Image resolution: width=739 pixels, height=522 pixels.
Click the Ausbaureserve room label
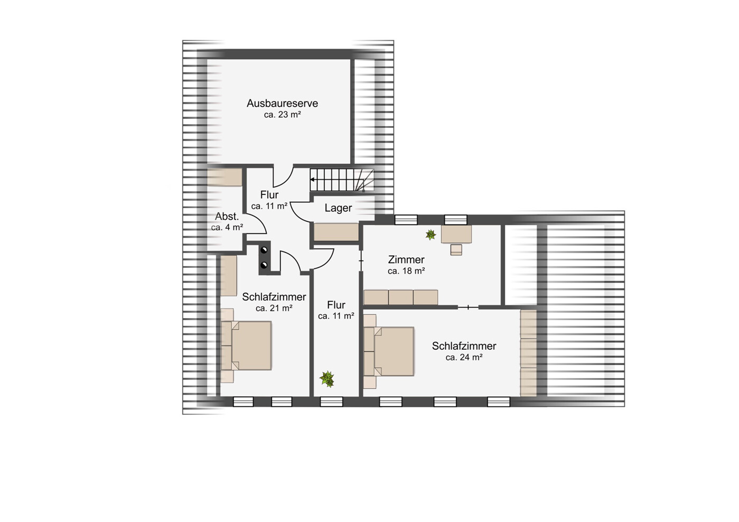[282, 103]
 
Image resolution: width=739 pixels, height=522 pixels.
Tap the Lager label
[338, 208]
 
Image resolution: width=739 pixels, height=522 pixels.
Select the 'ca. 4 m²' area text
[227, 227]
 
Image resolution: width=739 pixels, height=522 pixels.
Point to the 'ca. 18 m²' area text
[406, 271]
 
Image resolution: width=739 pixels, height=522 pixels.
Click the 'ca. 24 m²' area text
[464, 357]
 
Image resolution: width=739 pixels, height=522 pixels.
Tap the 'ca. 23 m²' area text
[283, 115]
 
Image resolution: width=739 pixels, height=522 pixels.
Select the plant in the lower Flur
[327, 379]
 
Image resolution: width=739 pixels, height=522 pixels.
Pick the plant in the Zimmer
[431, 235]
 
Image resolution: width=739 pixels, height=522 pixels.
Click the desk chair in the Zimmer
[456, 250]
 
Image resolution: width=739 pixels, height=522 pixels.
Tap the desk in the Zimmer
[456, 234]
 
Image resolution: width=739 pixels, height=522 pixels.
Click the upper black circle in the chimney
[264, 250]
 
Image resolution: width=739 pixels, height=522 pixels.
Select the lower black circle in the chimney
[264, 265]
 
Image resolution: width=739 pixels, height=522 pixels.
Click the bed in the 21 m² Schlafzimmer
[246, 346]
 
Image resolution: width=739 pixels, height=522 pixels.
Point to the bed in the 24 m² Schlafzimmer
[389, 351]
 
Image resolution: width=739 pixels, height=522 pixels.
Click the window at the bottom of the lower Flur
[332, 402]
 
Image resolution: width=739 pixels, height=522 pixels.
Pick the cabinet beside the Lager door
[336, 232]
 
